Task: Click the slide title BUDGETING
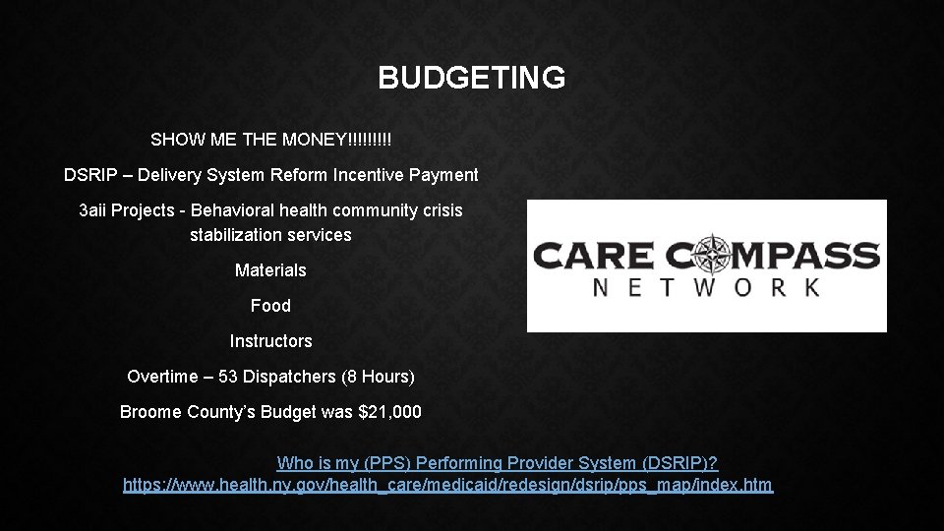[x=471, y=78]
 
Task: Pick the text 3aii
[x=95, y=210]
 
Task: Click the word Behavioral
[x=233, y=210]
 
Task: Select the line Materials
[x=270, y=270]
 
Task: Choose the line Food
[x=270, y=306]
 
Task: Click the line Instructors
[x=270, y=341]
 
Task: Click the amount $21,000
[x=391, y=412]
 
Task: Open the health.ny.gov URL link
[x=447, y=485]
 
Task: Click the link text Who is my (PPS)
[x=340, y=462]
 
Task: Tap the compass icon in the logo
[x=707, y=256]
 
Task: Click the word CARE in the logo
[x=593, y=257]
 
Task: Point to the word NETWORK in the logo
[x=706, y=288]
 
